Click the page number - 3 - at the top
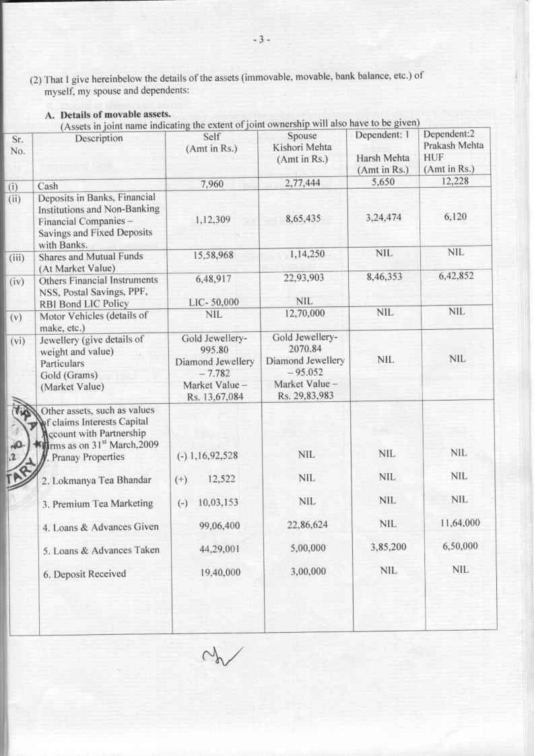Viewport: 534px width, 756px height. [x=261, y=39]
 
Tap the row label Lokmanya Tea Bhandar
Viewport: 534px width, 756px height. [x=93, y=481]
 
